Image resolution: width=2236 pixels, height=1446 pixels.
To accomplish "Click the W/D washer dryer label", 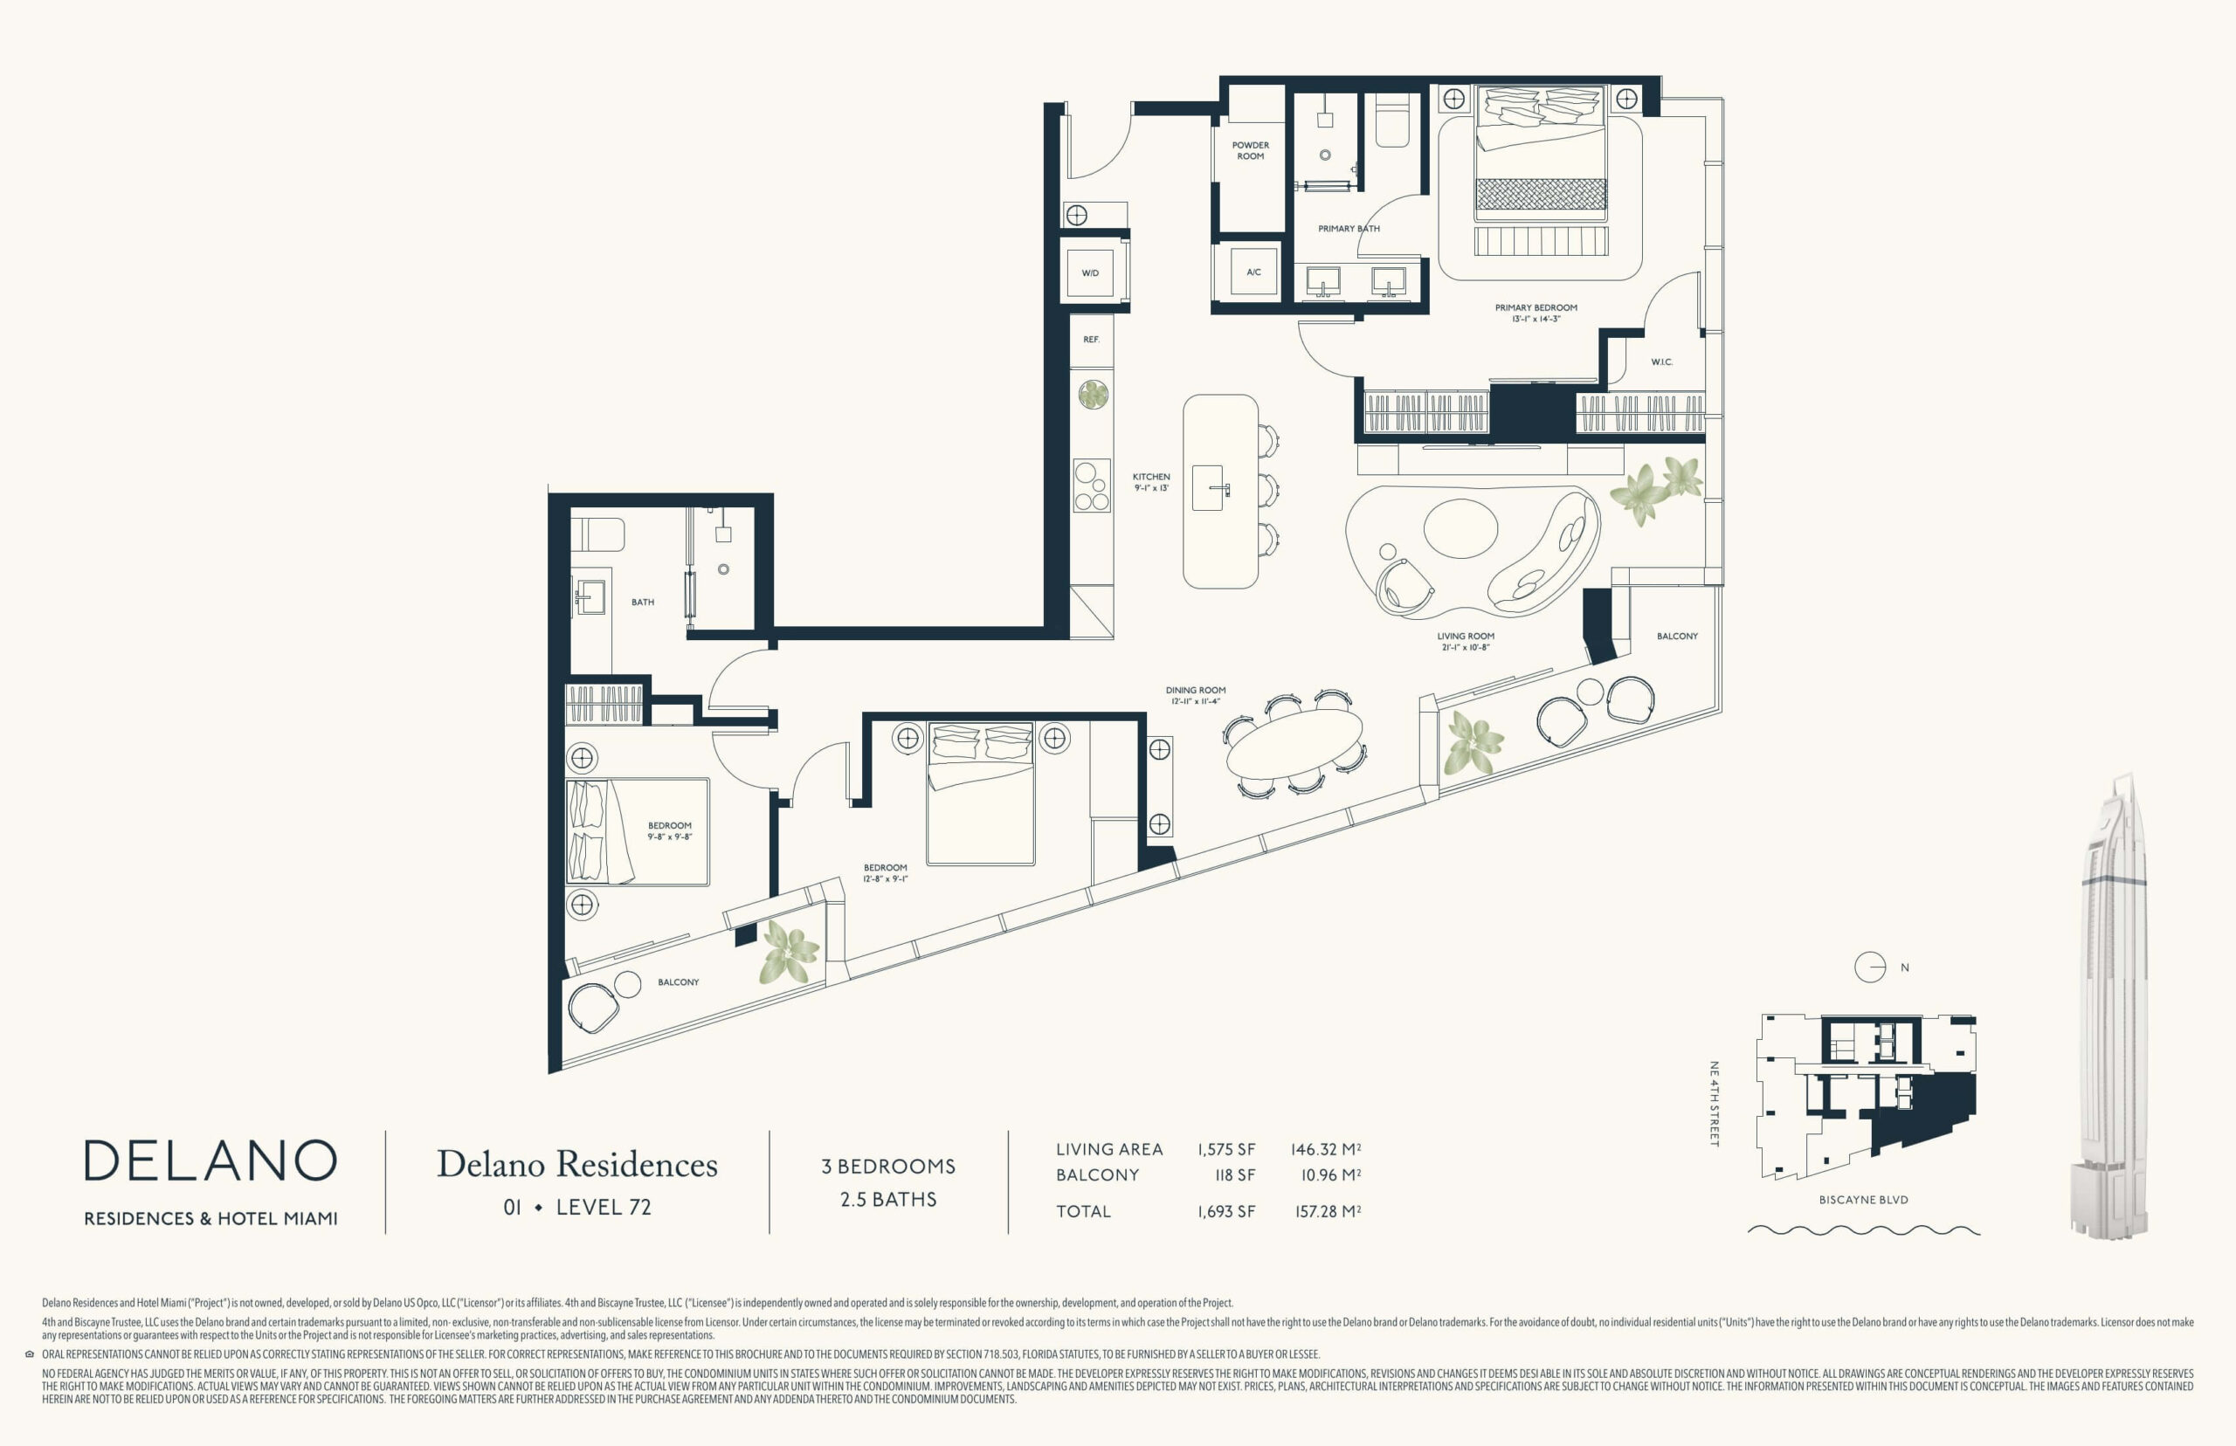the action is (1089, 273).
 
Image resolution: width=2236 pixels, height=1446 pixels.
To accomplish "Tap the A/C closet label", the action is (1253, 272).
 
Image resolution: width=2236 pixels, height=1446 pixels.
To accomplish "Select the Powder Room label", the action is (1250, 150).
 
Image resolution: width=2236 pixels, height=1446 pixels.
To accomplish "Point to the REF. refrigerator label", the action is (1091, 339).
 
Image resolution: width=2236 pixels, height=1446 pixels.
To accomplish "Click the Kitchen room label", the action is (1151, 482).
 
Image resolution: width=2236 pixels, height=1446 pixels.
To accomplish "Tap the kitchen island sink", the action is (1209, 488).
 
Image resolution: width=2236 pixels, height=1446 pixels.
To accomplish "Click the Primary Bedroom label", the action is (1536, 313).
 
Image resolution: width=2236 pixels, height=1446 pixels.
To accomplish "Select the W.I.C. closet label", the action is (1661, 361).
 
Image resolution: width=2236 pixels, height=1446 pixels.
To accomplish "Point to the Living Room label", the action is (1465, 641).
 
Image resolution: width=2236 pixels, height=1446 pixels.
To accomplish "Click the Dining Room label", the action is (1196, 695).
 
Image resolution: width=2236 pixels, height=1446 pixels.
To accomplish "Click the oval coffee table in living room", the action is (1460, 528).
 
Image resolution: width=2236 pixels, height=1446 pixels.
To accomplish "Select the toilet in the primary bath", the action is (1392, 120).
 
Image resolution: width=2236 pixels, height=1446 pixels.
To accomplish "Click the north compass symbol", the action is (1870, 967).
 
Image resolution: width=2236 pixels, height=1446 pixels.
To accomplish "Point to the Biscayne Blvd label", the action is (1863, 1200).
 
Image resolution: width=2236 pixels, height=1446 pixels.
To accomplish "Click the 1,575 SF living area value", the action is (1225, 1149).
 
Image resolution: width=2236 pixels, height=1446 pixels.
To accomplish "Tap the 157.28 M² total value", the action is (1327, 1211).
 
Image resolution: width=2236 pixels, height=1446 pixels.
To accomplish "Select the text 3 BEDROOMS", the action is (888, 1167).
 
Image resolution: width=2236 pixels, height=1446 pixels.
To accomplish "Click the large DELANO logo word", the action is (210, 1160).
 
